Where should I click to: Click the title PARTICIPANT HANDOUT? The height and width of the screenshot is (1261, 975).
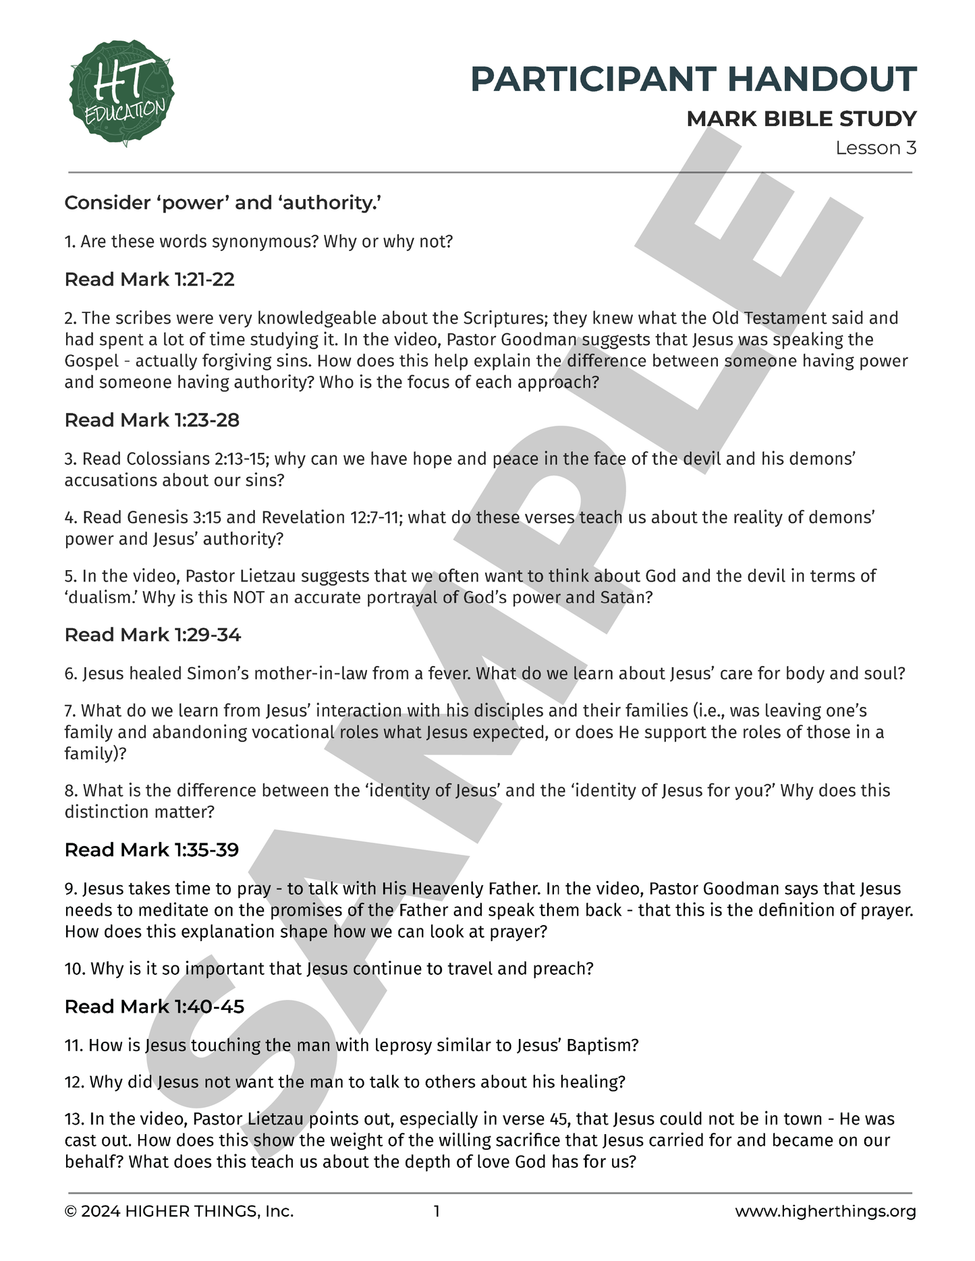[x=693, y=79]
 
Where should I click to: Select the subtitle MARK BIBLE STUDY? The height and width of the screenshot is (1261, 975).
[x=801, y=119]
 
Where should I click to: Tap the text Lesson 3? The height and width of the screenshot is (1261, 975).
[x=875, y=148]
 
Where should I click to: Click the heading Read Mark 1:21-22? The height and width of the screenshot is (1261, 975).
[x=149, y=279]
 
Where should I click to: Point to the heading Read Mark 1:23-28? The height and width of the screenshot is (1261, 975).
[x=152, y=420]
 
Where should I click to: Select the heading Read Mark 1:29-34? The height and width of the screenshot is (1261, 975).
[x=152, y=635]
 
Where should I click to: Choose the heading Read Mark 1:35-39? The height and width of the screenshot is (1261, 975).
[x=152, y=850]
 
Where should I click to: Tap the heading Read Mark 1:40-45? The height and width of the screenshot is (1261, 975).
[x=154, y=1007]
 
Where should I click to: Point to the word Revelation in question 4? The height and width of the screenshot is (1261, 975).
[x=303, y=517]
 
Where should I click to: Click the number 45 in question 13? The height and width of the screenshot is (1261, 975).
[x=559, y=1119]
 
